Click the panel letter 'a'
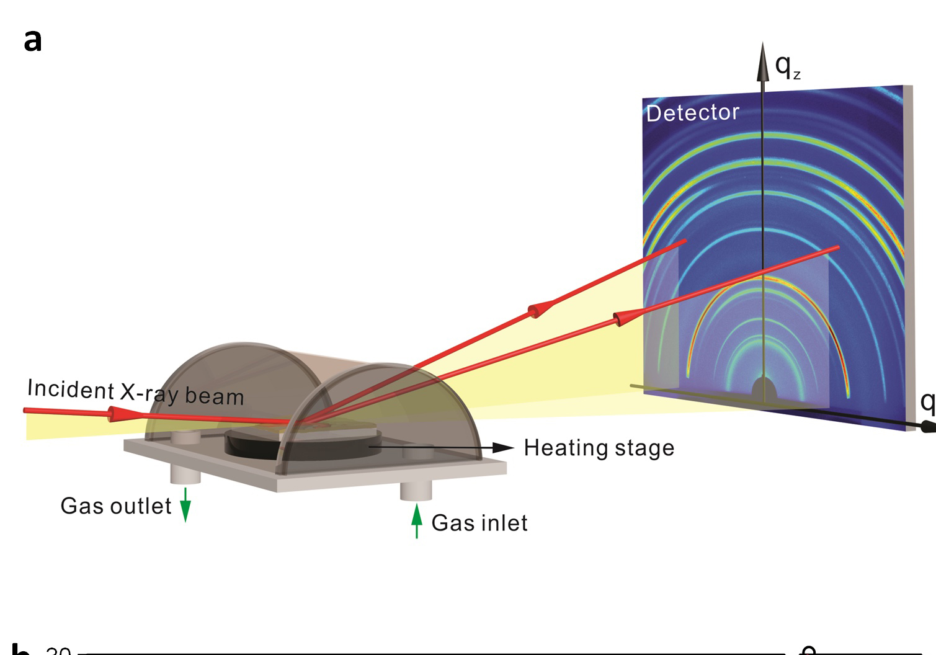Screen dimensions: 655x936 click(x=33, y=41)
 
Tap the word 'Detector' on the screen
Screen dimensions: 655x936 click(x=693, y=113)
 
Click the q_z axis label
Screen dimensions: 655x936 click(x=788, y=66)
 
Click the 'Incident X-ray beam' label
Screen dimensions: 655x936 click(x=135, y=392)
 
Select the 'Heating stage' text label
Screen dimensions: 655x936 click(x=599, y=448)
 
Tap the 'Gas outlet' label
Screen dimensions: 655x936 click(x=116, y=506)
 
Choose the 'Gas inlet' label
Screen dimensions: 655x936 click(x=479, y=523)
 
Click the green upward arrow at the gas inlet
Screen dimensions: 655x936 click(x=417, y=520)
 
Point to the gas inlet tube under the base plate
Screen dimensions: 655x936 click(x=416, y=489)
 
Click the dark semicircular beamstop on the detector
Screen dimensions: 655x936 click(x=764, y=391)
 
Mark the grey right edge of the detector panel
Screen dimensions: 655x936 click(x=908, y=248)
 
